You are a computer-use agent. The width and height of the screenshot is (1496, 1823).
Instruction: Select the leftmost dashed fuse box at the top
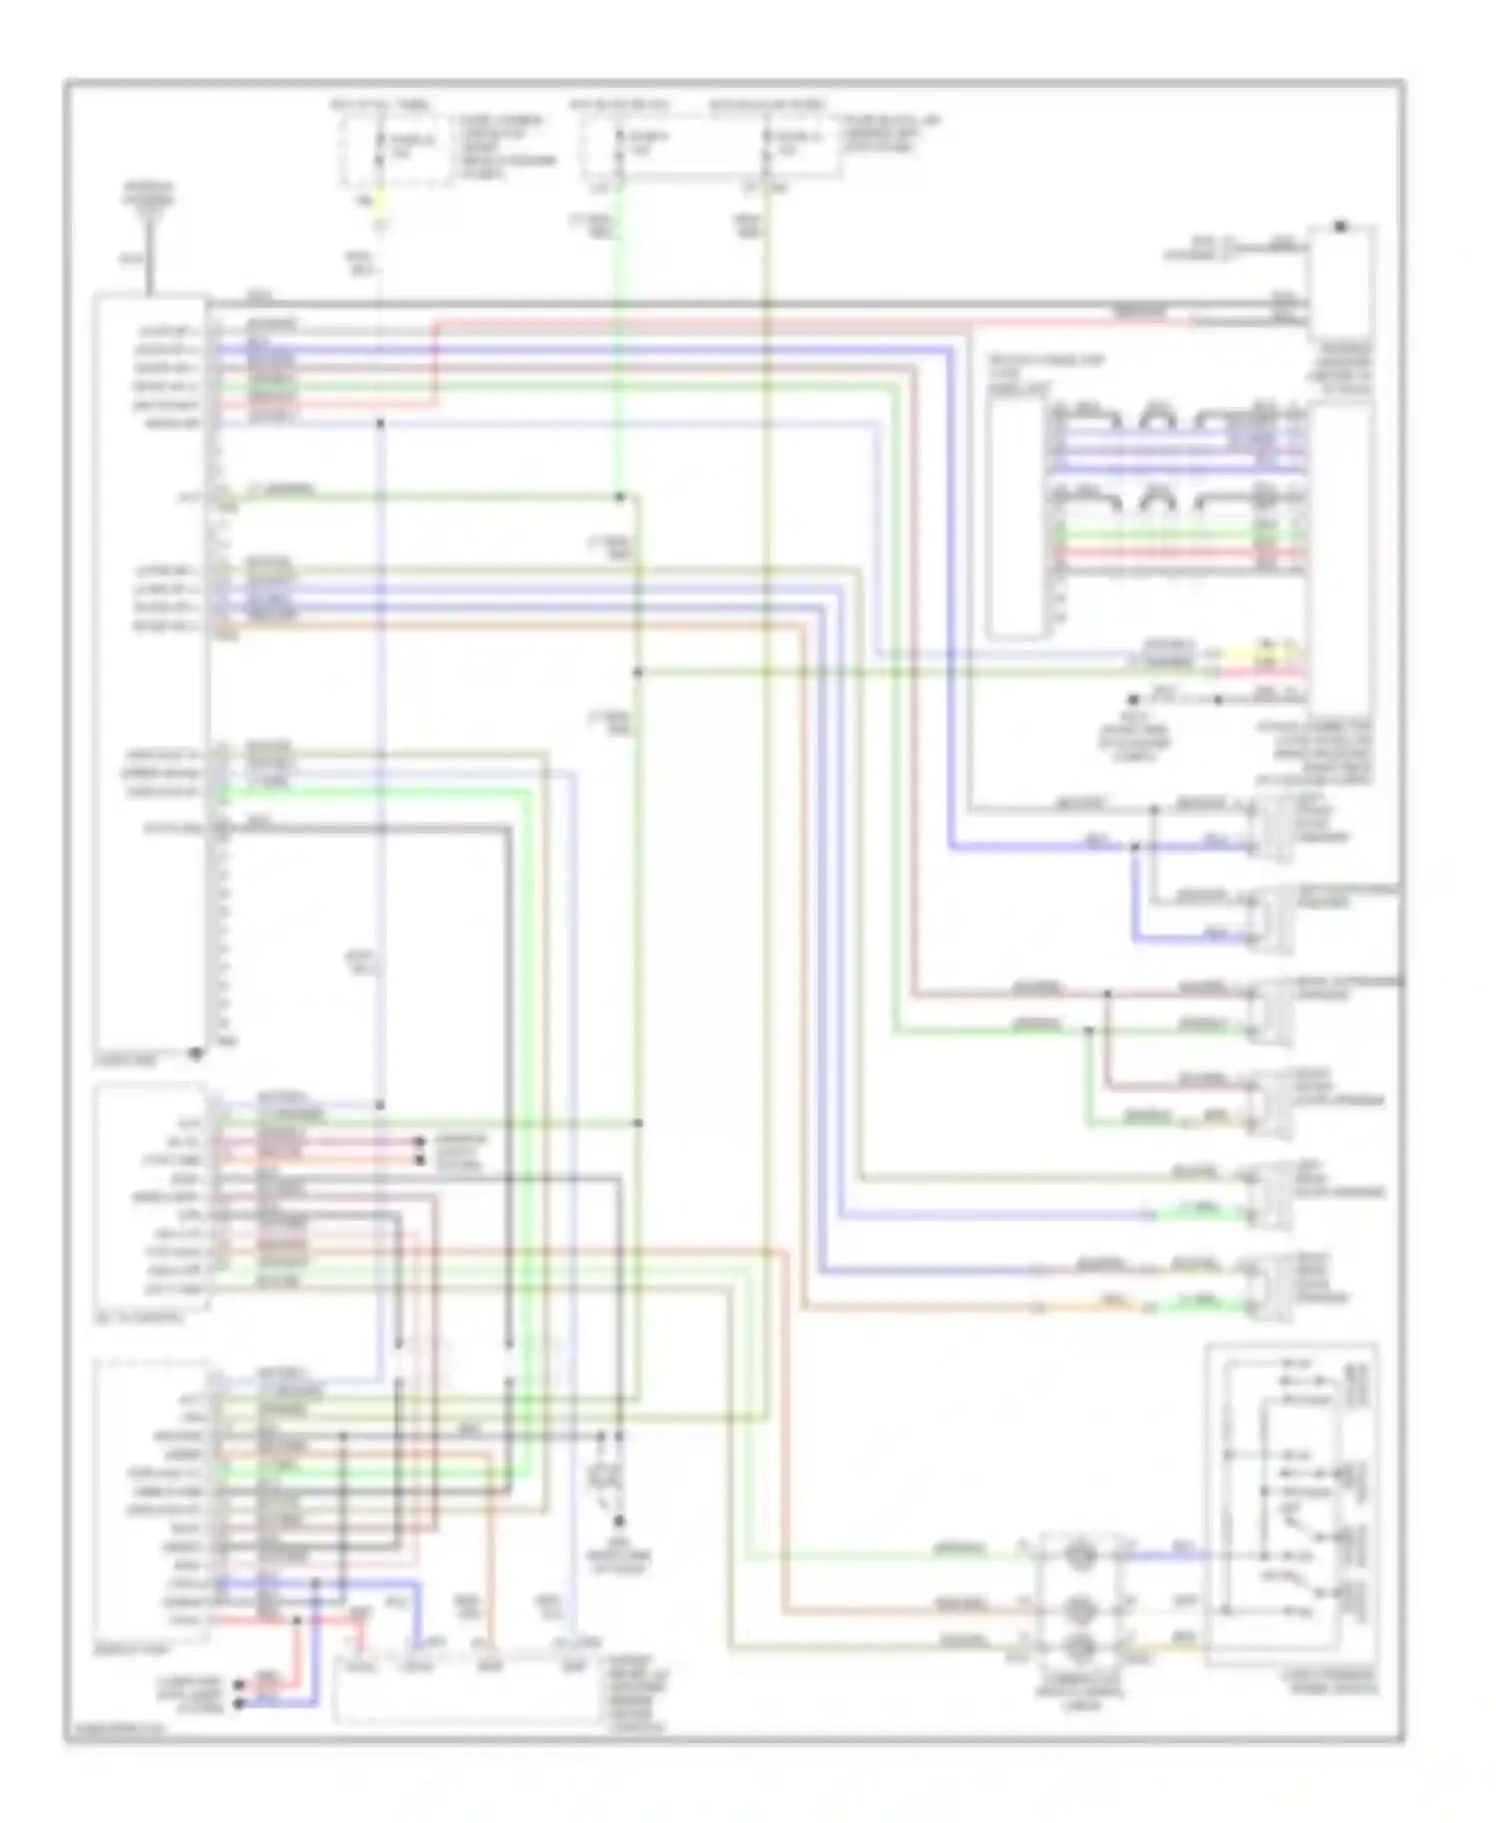(x=394, y=150)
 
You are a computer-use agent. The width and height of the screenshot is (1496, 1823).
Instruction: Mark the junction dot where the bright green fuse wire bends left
(x=619, y=497)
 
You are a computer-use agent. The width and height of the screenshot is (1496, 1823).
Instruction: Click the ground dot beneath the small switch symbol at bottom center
(x=619, y=1522)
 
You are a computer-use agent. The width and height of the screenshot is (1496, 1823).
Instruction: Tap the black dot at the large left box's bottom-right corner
(x=197, y=1052)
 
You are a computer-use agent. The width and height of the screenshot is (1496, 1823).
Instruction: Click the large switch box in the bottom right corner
(x=1292, y=1506)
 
